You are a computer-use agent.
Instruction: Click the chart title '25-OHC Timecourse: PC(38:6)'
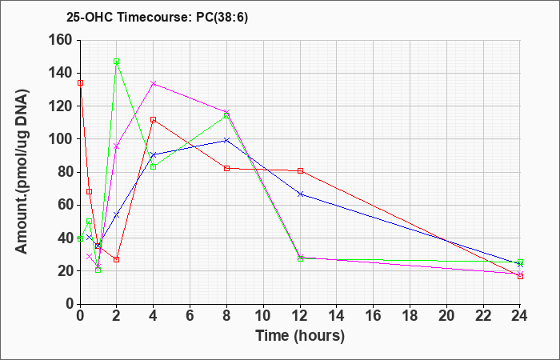pyautogui.click(x=157, y=18)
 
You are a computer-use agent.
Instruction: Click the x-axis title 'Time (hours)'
pyautogui.click(x=300, y=336)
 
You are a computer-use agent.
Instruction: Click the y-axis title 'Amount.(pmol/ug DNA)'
pyautogui.click(x=22, y=171)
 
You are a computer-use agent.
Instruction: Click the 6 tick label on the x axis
pyautogui.click(x=190, y=316)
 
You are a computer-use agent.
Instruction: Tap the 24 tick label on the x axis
pyautogui.click(x=520, y=316)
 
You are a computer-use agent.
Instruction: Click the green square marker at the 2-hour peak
pyautogui.click(x=117, y=62)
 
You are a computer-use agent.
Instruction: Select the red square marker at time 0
pyautogui.click(x=80, y=83)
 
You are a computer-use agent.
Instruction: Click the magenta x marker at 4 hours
pyautogui.click(x=154, y=83)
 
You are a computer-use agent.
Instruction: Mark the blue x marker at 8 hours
pyautogui.click(x=226, y=140)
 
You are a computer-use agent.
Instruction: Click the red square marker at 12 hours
pyautogui.click(x=300, y=170)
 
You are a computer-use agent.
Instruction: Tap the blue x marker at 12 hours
pyautogui.click(x=300, y=194)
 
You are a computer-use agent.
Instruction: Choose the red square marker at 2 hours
pyautogui.click(x=117, y=259)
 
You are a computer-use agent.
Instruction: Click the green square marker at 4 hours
pyautogui.click(x=154, y=166)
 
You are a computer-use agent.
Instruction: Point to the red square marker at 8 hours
pyautogui.click(x=226, y=168)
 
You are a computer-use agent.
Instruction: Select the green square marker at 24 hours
pyautogui.click(x=520, y=262)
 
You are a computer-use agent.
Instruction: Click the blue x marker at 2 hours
pyautogui.click(x=117, y=214)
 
